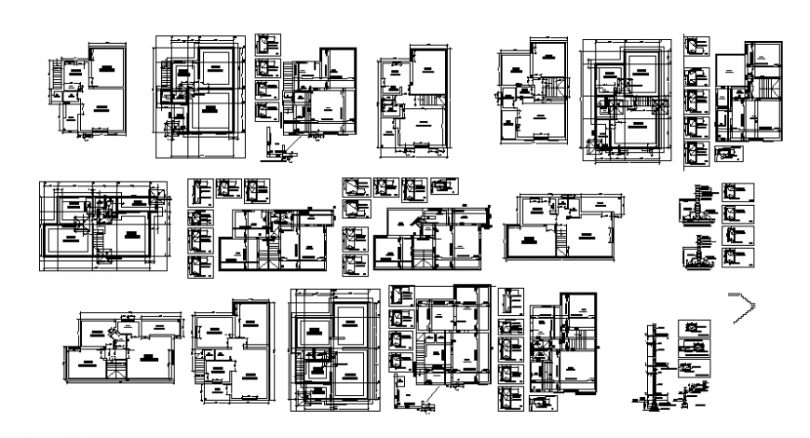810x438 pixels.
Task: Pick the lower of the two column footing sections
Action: coord(695,253)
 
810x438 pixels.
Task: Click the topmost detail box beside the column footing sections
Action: coord(733,192)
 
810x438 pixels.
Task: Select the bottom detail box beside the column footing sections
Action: coord(733,257)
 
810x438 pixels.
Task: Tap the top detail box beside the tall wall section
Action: coord(693,329)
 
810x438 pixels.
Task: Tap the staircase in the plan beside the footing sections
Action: coord(561,238)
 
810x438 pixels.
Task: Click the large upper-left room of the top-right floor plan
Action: coord(732,69)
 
